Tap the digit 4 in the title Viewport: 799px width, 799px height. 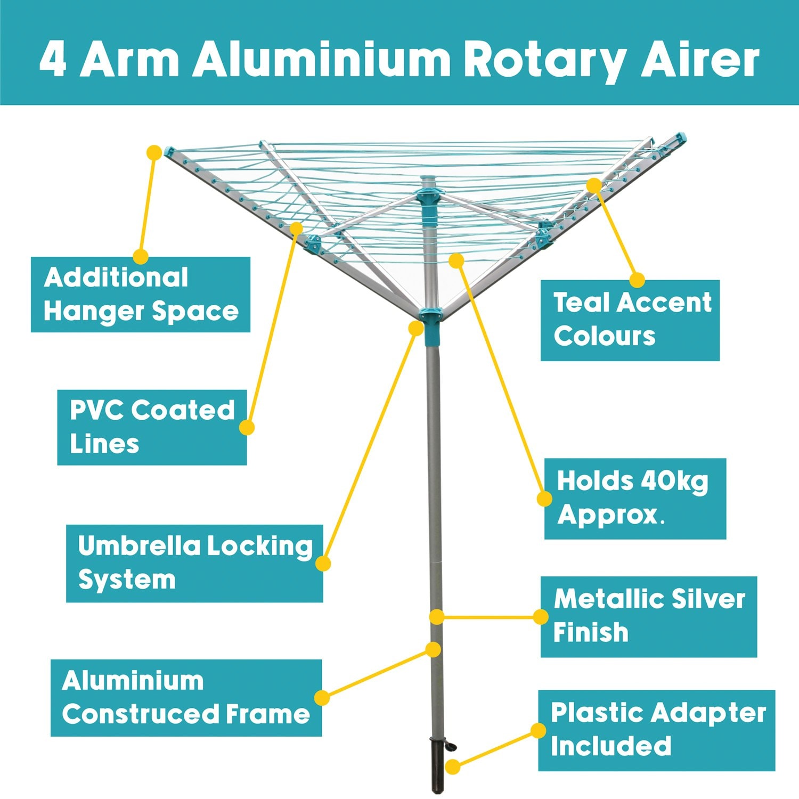(x=53, y=60)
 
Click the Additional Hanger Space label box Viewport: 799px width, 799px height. (x=141, y=295)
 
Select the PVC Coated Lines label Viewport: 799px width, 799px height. (x=152, y=427)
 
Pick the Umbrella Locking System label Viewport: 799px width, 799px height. (x=194, y=563)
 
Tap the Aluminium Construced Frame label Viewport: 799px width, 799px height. (x=186, y=698)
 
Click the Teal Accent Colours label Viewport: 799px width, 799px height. (x=630, y=320)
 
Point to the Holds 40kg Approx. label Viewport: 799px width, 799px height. (x=635, y=498)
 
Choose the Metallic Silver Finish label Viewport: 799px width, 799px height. (x=648, y=616)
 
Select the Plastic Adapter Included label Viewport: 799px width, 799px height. (x=656, y=730)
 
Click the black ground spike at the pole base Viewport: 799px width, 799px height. (x=437, y=764)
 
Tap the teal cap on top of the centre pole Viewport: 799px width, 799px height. (x=428, y=182)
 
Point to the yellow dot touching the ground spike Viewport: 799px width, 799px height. (x=452, y=767)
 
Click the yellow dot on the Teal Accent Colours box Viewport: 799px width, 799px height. (x=637, y=280)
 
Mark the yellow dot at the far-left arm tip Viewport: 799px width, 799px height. (x=154, y=152)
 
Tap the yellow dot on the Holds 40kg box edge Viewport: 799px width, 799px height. (x=544, y=499)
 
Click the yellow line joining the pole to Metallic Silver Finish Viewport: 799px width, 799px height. (x=488, y=617)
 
